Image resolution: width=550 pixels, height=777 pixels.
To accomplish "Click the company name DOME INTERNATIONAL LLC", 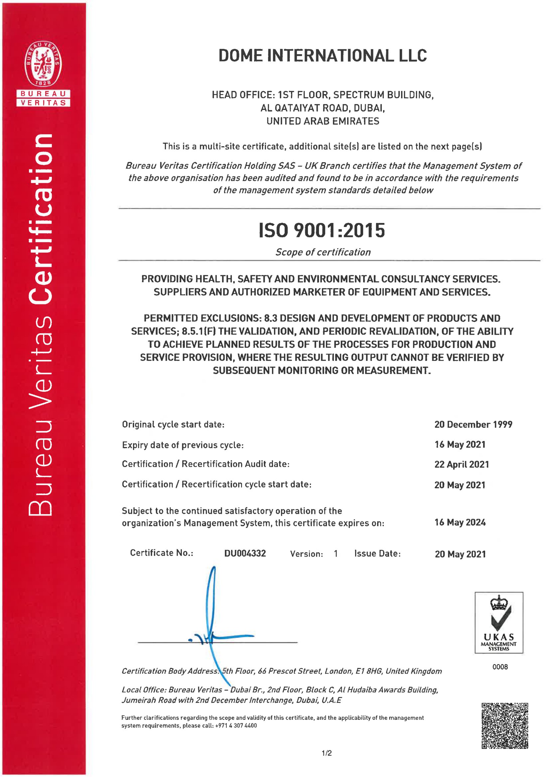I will [x=322, y=56].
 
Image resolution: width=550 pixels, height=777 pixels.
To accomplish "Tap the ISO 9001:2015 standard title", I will [x=322, y=230].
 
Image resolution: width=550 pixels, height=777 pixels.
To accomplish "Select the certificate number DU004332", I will [x=245, y=553].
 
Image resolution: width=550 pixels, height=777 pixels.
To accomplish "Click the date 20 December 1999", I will [x=473, y=424].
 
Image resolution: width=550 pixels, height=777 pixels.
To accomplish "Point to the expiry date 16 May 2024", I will [x=460, y=522].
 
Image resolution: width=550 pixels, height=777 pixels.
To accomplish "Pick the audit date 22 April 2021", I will [x=462, y=464].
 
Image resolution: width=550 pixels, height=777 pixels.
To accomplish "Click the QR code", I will [x=505, y=725].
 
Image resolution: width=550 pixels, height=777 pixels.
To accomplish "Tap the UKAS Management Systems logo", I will [x=498, y=623].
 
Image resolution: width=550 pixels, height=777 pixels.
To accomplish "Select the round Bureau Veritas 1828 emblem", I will [x=43, y=63].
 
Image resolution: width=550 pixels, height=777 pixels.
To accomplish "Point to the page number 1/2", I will [x=327, y=753].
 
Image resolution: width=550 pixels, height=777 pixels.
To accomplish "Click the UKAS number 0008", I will [x=500, y=667].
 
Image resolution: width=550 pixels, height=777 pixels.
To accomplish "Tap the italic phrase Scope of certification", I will [x=323, y=252].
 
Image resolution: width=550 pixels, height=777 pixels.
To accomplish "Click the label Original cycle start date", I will [x=173, y=424].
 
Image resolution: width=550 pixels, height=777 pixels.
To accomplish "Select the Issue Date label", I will [x=377, y=553].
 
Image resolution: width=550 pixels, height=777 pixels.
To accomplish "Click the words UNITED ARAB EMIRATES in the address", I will [x=323, y=121].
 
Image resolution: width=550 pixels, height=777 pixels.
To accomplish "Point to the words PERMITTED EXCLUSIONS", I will [x=202, y=318].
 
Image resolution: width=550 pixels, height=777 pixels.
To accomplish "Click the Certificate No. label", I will [x=162, y=553].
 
